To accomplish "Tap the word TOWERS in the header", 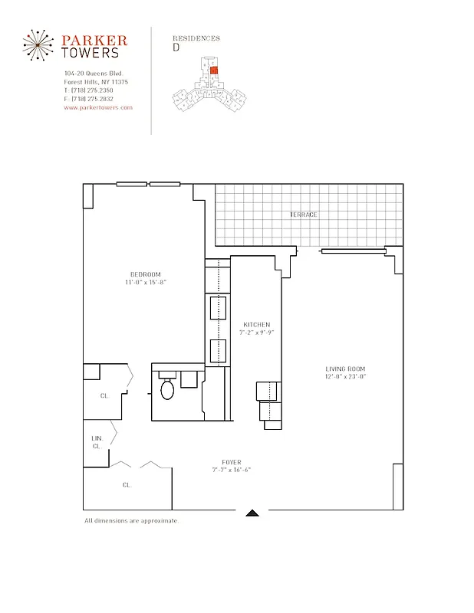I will pos(91,53).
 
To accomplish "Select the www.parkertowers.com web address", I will pos(98,108).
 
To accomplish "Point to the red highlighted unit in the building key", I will pos(215,70).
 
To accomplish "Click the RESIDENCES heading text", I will pos(196,38).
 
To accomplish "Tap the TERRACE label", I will pos(303,215).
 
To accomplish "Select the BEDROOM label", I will pos(145,274).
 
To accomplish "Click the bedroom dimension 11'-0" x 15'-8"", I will pos(145,283).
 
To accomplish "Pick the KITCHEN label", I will pos(256,324).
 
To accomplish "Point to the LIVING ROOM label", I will pos(345,369).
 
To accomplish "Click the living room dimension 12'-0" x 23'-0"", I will pos(345,377).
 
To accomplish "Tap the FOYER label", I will pos(231,462).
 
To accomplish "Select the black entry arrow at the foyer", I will pos(252,513).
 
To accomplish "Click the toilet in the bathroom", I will pos(168,389).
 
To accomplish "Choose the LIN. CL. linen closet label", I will pos(97,441).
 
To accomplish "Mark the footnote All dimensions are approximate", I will pos(131,521).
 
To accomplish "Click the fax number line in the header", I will pos(89,99).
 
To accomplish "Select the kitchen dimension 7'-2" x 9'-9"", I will pos(256,333).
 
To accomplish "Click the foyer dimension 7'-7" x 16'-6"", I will pos(231,470).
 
